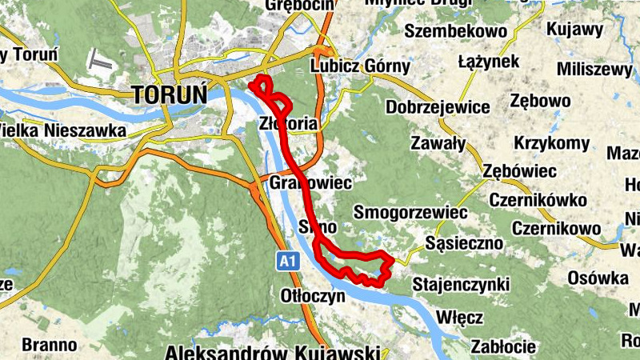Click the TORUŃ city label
[169, 94]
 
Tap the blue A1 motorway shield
[290, 261]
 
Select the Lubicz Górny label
[358, 68]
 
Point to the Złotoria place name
[289, 123]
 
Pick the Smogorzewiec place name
[410, 213]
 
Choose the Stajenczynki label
[461, 284]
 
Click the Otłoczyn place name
[313, 295]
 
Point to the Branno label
[50, 346]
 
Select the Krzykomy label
[551, 144]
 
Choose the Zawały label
[438, 144]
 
